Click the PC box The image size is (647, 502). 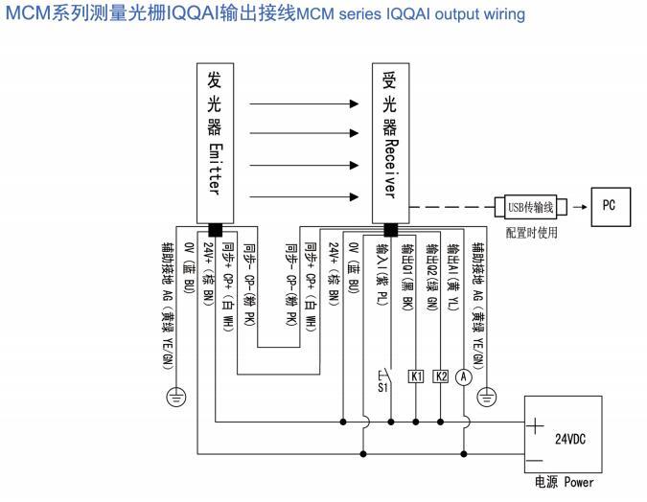609,204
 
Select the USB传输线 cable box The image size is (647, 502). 530,206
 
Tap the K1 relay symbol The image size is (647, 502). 417,376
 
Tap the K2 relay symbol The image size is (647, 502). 441,376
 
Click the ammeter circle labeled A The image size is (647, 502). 464,376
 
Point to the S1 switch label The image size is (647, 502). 381,389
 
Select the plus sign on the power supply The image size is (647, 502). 535,422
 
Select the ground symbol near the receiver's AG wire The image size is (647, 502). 487,392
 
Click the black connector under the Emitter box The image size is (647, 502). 214,229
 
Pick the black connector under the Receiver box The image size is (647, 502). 391,229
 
